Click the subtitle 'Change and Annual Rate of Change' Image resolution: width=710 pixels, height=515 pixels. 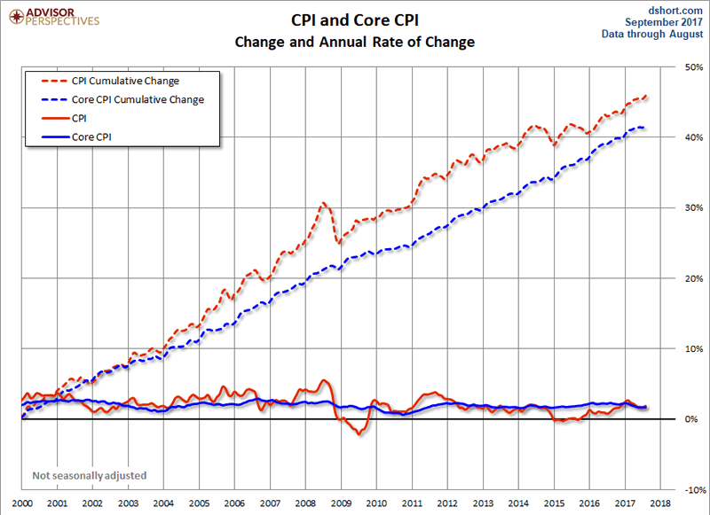354,42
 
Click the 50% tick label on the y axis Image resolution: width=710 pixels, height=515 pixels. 692,67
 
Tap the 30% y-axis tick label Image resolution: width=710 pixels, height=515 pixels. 692,208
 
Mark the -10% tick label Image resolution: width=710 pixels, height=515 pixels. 690,489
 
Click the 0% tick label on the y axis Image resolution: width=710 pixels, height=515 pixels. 695,419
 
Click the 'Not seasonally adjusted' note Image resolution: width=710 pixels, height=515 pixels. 90,476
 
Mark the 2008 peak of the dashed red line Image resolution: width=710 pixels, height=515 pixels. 324,203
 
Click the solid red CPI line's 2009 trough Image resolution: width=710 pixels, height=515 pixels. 359,434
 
